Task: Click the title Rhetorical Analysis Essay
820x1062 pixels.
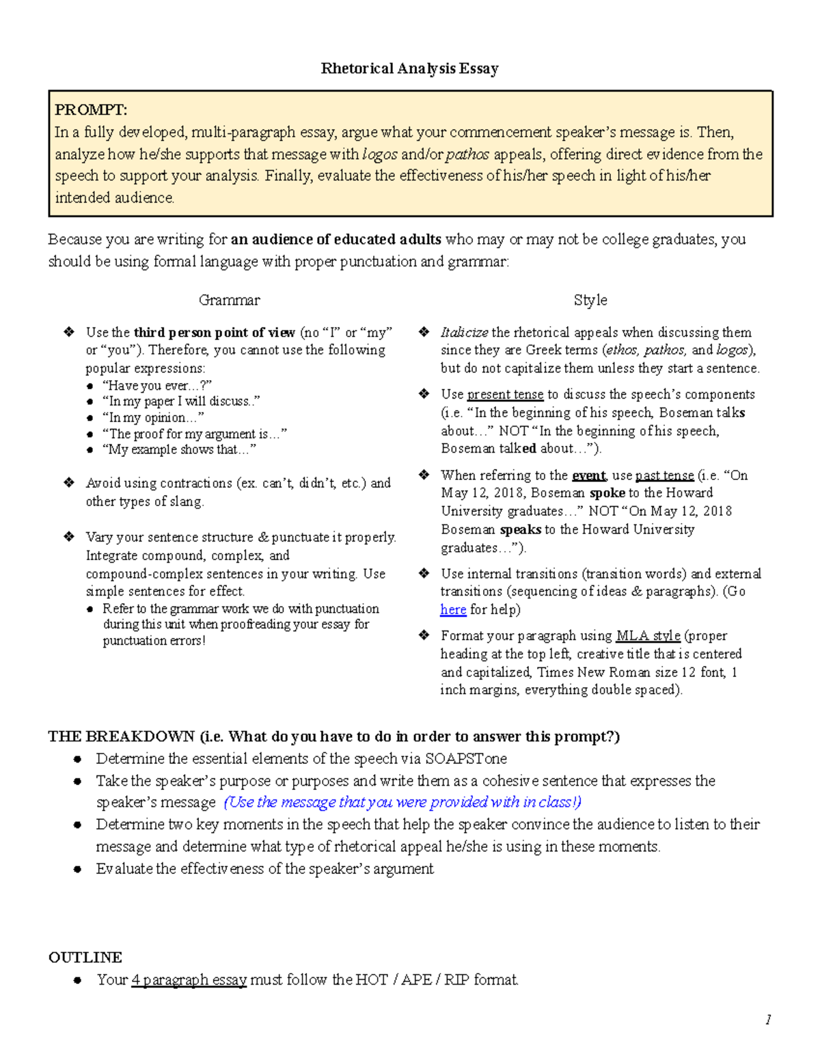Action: pos(409,68)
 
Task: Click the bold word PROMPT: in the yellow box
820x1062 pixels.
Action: pos(91,110)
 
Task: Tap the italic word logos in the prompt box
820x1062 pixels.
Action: pos(380,155)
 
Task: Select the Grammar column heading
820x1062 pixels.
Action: pos(229,300)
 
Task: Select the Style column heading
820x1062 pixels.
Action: pos(590,300)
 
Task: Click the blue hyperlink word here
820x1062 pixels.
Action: pos(453,609)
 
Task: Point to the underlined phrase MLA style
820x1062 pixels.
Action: pos(648,636)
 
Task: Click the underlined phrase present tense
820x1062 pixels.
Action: pos(505,395)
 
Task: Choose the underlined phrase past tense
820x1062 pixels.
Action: pos(664,475)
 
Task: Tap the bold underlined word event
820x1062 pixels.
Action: pos(588,475)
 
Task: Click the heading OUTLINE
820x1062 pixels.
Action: pos(85,957)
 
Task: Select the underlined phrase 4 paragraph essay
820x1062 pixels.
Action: pos(189,980)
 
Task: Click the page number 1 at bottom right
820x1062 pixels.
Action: pos(768,1020)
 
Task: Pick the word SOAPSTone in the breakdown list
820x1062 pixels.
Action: pos(465,758)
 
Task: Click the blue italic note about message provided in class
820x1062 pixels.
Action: pos(402,802)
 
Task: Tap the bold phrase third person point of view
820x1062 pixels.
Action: pos(214,333)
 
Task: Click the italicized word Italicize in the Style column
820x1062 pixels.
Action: pos(464,333)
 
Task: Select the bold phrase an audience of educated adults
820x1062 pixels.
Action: pos(336,239)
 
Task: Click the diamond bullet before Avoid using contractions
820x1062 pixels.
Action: pos(69,483)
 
